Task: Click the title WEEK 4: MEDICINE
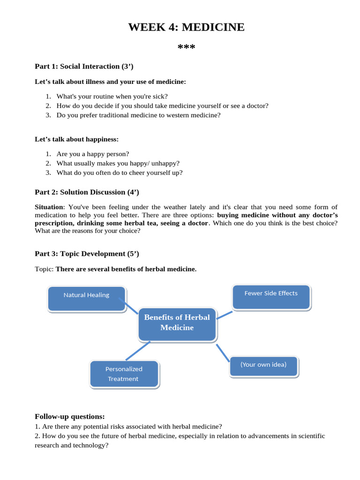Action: [186, 27]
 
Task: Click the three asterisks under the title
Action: [186, 48]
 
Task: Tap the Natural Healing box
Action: [87, 299]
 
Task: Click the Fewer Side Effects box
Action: [271, 297]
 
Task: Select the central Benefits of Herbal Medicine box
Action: [177, 323]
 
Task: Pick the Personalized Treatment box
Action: [124, 374]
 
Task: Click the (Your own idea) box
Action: [263, 366]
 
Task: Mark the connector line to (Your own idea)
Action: [223, 353]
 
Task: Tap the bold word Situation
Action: [49, 207]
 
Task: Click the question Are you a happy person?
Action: [92, 154]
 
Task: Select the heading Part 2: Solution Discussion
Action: [87, 192]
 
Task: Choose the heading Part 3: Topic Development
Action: [87, 254]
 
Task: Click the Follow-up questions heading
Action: [70, 417]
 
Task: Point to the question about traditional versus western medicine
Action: [138, 115]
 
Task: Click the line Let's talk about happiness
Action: [77, 139]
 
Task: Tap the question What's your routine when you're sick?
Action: [112, 96]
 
